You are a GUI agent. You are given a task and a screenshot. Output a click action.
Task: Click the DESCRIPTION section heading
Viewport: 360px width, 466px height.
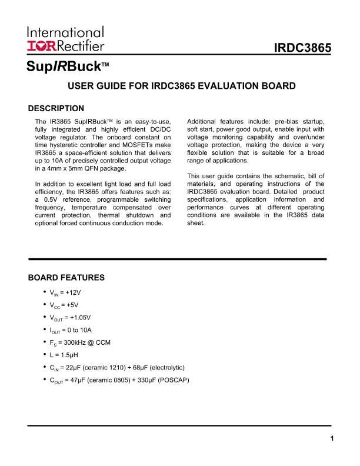[x=56, y=108]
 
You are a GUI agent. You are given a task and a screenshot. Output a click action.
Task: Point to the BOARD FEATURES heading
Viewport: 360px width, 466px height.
[x=66, y=277]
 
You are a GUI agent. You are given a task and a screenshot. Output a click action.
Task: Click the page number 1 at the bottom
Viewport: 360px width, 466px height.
[x=332, y=438]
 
